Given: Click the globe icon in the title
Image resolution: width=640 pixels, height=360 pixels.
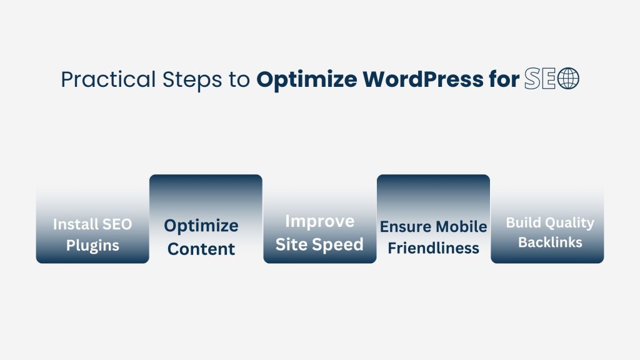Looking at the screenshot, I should click(568, 79).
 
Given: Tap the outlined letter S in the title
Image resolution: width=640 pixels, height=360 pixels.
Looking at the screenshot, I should click(532, 79).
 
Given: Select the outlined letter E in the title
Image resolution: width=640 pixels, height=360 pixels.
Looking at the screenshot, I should click(548, 79).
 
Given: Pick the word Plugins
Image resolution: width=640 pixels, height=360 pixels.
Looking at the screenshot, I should click(92, 245).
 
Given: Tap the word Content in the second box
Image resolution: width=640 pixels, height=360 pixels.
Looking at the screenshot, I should click(201, 249).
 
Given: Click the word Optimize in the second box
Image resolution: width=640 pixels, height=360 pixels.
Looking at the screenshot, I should click(201, 225).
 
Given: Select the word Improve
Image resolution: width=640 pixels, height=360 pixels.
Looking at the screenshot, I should click(319, 221).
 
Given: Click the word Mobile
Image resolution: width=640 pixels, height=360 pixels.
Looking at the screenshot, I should click(461, 226).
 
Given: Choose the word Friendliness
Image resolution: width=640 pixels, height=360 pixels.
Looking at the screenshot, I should click(433, 248).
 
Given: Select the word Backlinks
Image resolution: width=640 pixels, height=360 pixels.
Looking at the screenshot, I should click(550, 242).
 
